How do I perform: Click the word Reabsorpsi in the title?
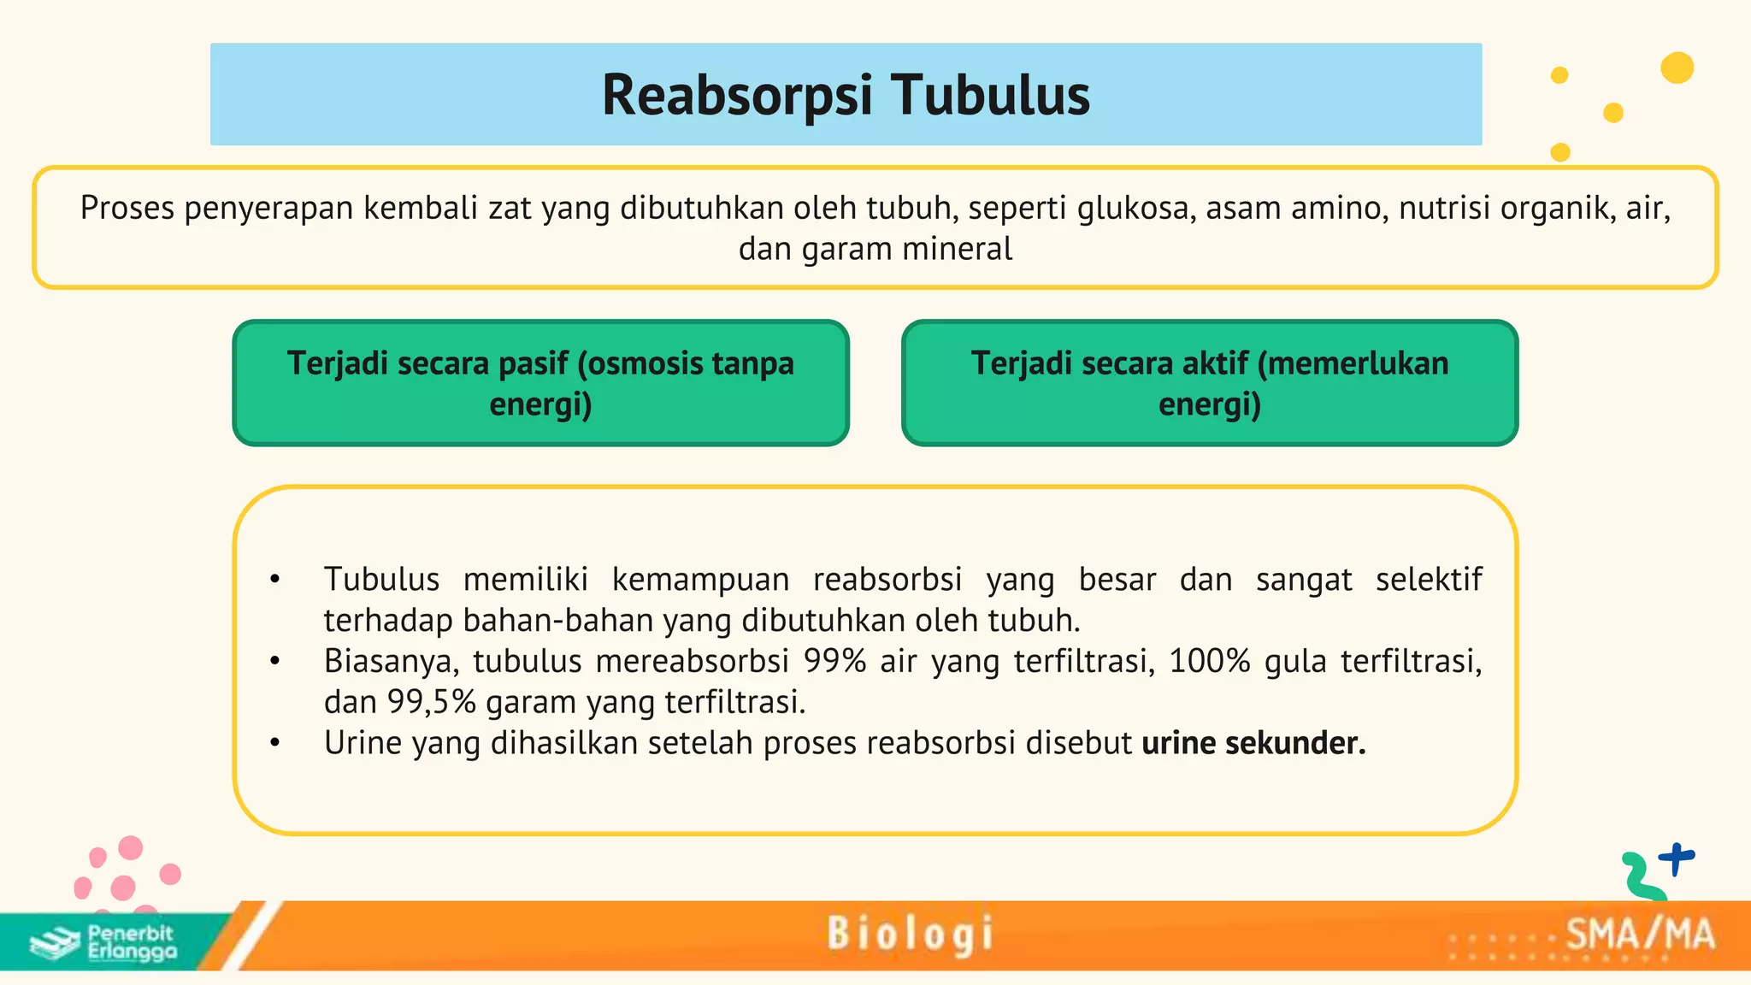point(737,94)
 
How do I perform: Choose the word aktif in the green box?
point(1215,363)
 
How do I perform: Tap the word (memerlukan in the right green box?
point(1353,363)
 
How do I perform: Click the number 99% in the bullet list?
point(834,661)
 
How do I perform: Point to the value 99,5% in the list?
point(432,702)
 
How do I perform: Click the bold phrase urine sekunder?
point(1253,743)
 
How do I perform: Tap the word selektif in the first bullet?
point(1429,580)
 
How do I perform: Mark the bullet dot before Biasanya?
point(274,661)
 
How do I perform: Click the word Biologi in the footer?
point(910,934)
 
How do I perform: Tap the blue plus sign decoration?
point(1677,858)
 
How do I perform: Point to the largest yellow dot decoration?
point(1677,68)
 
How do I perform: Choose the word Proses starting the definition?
point(127,208)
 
